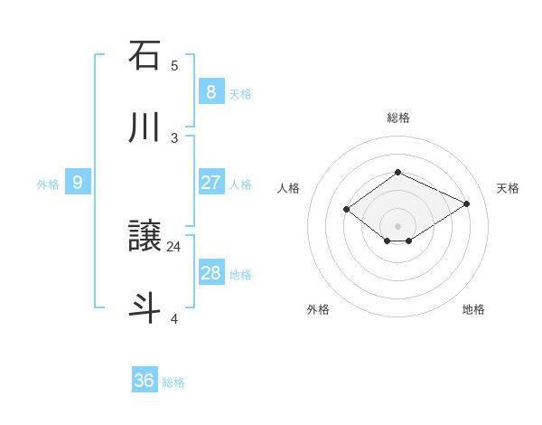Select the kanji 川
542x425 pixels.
pyautogui.click(x=145, y=127)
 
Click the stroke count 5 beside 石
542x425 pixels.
pyautogui.click(x=174, y=66)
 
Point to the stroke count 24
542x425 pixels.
pyautogui.click(x=174, y=246)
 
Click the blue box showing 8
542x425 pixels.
pyautogui.click(x=210, y=91)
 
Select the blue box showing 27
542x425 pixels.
pyautogui.click(x=210, y=183)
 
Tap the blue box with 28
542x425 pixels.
pyautogui.click(x=210, y=273)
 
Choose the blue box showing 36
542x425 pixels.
pyautogui.click(x=145, y=381)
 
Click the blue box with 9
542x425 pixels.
pyautogui.click(x=78, y=183)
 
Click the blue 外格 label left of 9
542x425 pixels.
pyautogui.click(x=48, y=184)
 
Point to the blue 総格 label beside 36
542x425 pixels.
pyautogui.click(x=173, y=382)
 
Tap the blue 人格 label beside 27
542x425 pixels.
pyautogui.click(x=240, y=184)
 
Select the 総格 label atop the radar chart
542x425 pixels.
pyautogui.click(x=397, y=118)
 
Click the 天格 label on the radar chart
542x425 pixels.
pyautogui.click(x=508, y=188)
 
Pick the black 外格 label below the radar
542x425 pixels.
pyautogui.click(x=318, y=309)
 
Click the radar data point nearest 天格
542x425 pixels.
pyautogui.click(x=466, y=204)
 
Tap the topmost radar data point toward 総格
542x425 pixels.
pyautogui.click(x=397, y=172)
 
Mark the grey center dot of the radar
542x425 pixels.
pyautogui.click(x=397, y=225)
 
